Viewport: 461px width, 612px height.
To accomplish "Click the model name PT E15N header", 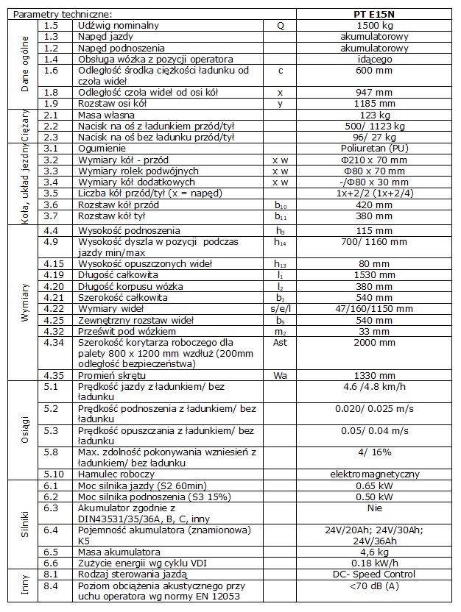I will click(376, 14).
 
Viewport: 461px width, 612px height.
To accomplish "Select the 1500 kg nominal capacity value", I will click(376, 25).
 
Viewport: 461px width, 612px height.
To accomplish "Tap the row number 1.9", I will click(51, 104).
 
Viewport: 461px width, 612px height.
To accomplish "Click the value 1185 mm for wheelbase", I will click(376, 104).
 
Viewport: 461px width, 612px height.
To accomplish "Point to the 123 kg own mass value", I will click(376, 115).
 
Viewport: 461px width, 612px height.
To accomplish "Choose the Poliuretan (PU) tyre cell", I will click(376, 149).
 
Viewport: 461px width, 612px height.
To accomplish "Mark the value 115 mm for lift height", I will click(376, 230).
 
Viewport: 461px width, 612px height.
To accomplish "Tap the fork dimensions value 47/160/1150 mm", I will click(376, 309).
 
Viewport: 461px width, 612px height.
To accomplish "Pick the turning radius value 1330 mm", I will click(376, 376).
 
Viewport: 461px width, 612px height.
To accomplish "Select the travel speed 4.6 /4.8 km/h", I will click(376, 387).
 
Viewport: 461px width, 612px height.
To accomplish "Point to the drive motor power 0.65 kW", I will click(376, 485).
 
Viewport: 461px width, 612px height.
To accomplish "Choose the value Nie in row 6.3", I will click(376, 508).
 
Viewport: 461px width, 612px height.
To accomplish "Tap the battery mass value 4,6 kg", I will click(376, 552).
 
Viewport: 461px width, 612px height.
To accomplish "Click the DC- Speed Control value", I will click(376, 574).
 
